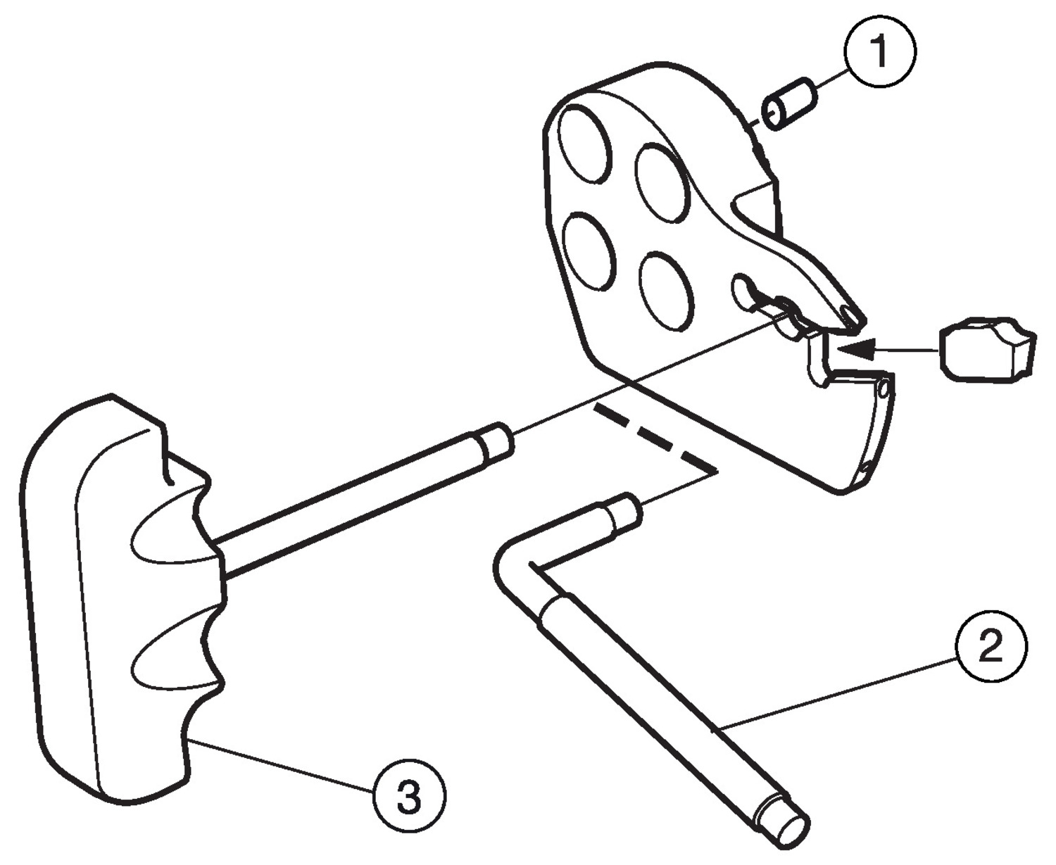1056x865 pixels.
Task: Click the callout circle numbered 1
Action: [879, 51]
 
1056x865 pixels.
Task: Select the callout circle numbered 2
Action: [991, 645]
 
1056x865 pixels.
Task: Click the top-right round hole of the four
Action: [663, 183]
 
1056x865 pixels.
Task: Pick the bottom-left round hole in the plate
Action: [590, 251]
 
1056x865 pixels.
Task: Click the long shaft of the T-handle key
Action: [352, 503]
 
